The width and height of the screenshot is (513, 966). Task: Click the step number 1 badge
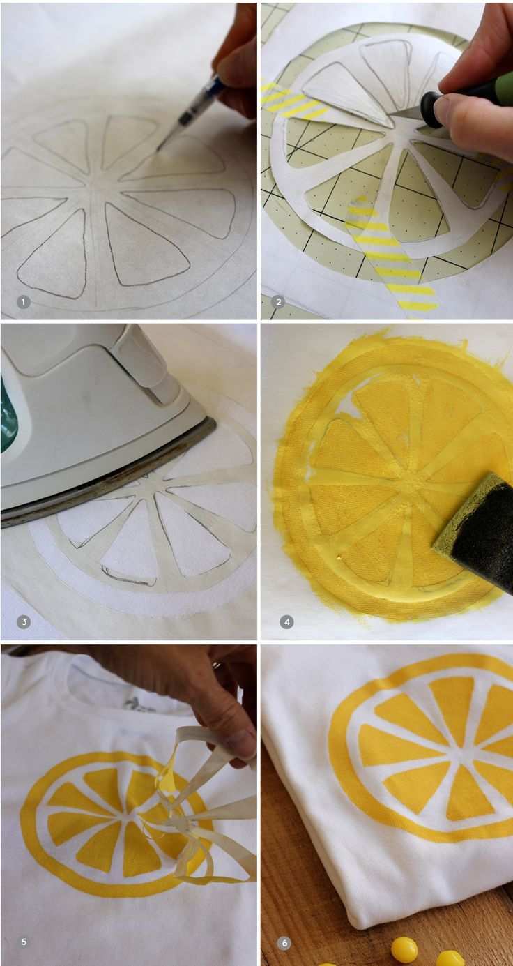[x=24, y=302]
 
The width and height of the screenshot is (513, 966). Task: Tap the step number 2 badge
[x=279, y=302]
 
